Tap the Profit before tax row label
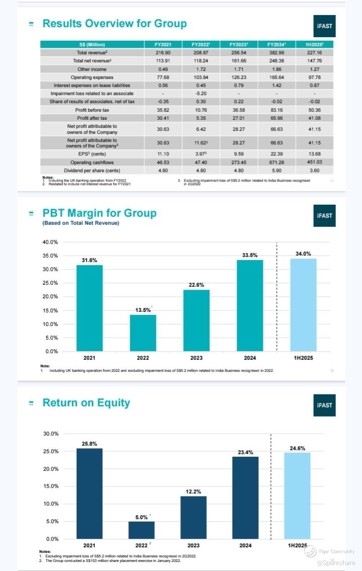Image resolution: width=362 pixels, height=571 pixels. [92, 110]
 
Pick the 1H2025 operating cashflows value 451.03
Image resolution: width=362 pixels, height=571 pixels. [314, 162]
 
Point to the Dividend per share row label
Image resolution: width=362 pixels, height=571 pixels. [92, 171]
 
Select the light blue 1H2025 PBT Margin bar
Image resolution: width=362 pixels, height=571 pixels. [303, 305]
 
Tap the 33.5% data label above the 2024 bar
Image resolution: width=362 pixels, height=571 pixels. [250, 256]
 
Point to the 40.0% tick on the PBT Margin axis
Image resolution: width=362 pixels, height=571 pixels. [50, 242]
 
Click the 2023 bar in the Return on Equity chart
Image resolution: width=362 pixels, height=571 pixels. [193, 517]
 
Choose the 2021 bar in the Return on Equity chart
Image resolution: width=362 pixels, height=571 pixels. [89, 493]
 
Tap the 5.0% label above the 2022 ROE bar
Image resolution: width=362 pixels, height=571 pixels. [141, 517]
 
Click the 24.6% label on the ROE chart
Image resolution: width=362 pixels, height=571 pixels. [298, 448]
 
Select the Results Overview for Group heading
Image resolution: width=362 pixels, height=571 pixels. [114, 24]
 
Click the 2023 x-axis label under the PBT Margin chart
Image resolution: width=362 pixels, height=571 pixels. [196, 358]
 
